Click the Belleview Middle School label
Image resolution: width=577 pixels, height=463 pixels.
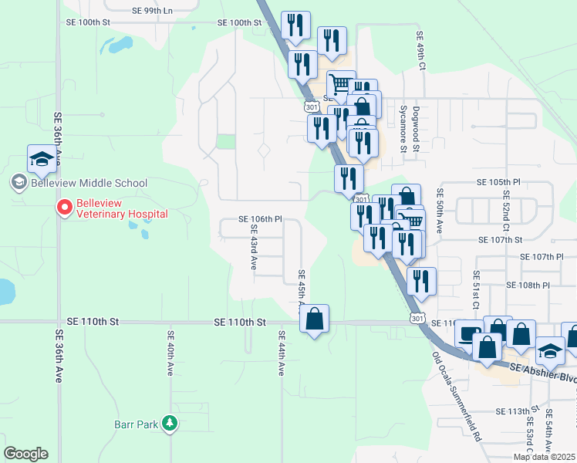point(89,183)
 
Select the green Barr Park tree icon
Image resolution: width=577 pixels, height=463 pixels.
point(170,424)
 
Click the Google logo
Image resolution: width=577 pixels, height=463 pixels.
point(25,454)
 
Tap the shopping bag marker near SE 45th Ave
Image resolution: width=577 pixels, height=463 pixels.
point(315,319)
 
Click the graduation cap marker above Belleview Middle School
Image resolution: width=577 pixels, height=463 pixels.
point(42,159)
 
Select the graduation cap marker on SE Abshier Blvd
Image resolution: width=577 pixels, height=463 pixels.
point(550,351)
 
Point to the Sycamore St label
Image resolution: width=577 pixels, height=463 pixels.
point(403,132)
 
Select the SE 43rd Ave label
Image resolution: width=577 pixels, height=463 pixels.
point(252,248)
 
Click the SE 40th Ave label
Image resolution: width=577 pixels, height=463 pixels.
point(170,353)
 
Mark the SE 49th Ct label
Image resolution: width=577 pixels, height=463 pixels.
point(421,52)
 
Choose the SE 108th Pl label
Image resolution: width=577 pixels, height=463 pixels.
point(528,285)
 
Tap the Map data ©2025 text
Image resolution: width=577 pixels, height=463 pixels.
point(543,457)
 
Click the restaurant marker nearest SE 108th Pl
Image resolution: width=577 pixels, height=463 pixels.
point(421,281)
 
